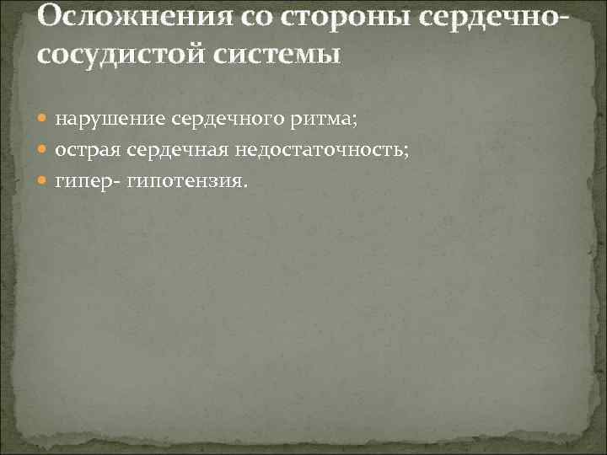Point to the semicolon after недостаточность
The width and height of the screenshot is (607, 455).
pos(406,151)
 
